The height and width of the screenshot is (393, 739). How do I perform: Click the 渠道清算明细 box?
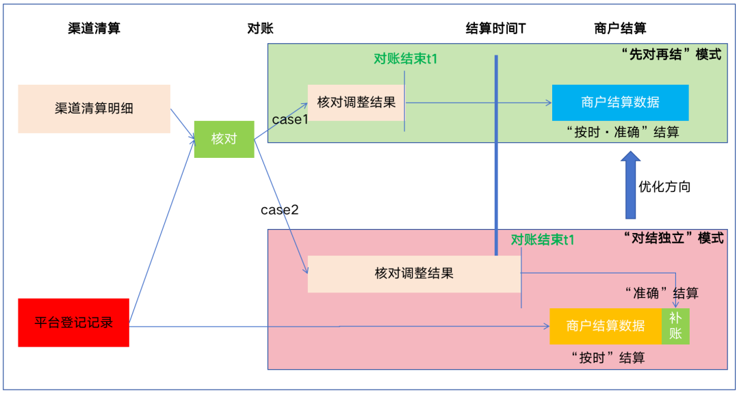point(94,109)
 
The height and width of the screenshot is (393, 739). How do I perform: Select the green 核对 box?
point(224,139)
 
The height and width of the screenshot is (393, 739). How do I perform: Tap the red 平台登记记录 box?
point(73,323)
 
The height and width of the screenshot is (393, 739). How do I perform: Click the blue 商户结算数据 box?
point(620,103)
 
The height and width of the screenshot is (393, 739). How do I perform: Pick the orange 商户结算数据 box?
point(606,325)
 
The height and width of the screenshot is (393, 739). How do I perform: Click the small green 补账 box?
point(675,325)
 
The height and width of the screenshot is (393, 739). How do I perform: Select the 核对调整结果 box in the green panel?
point(356,103)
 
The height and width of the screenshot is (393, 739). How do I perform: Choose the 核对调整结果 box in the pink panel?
point(414,273)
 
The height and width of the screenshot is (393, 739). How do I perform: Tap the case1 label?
point(291,120)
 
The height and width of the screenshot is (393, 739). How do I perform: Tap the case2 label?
point(279,210)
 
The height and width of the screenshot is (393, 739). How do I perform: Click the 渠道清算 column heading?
point(99,28)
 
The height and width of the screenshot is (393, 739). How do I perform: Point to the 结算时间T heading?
point(495,28)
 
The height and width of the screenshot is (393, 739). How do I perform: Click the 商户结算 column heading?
point(620,28)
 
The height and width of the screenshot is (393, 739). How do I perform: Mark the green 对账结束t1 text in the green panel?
point(405,59)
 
